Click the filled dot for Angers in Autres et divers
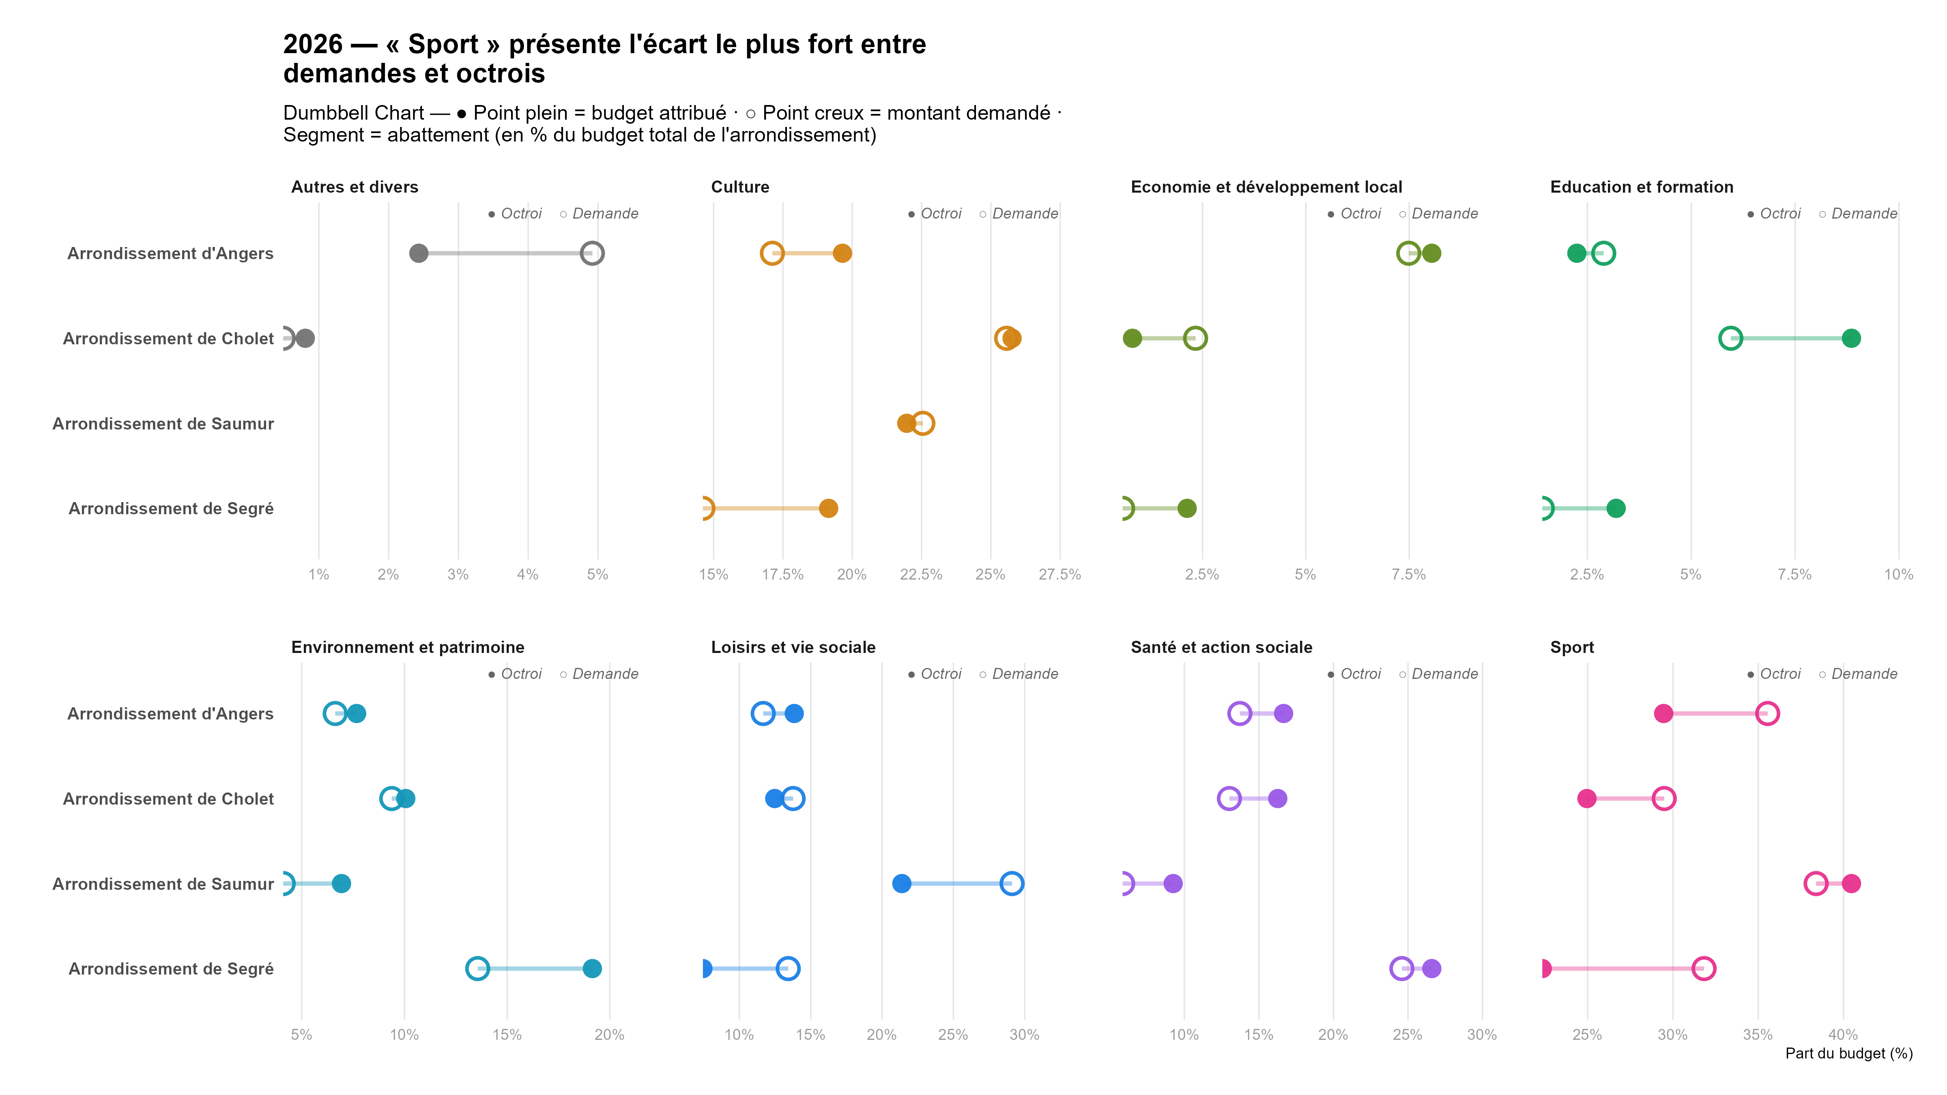tap(419, 253)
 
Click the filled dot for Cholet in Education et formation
tap(1851, 339)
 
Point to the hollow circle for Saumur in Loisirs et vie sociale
tap(1011, 883)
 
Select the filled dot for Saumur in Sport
tap(1851, 883)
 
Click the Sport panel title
tap(1572, 648)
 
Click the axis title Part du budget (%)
tap(1849, 1054)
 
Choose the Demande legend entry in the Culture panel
tap(1024, 214)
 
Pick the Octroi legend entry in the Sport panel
tap(1779, 674)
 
